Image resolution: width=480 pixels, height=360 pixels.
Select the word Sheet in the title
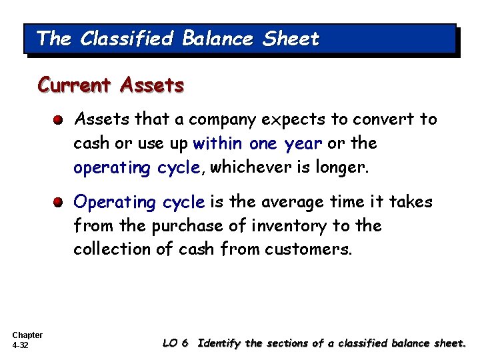[x=291, y=39]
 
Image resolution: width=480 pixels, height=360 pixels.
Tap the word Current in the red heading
[x=75, y=86]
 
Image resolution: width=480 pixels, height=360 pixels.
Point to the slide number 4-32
[x=21, y=346]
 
